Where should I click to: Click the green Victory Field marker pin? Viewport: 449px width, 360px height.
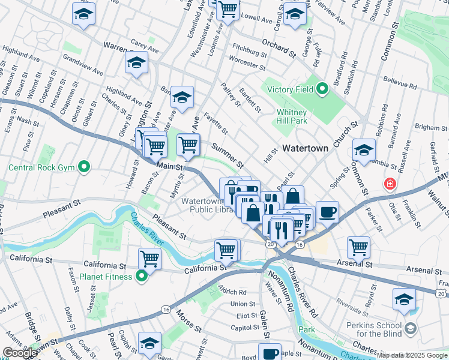pyautogui.click(x=322, y=90)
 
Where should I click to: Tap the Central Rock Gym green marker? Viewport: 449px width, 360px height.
pyautogui.click(x=84, y=166)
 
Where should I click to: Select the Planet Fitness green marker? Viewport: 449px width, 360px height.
pyautogui.click(x=141, y=276)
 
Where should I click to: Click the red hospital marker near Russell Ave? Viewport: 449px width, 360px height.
pyautogui.click(x=390, y=183)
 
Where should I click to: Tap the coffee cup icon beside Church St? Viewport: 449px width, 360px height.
pyautogui.click(x=327, y=212)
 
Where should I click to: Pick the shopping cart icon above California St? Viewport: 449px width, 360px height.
pyautogui.click(x=149, y=259)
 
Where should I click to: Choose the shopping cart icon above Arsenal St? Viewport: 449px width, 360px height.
pyautogui.click(x=358, y=247)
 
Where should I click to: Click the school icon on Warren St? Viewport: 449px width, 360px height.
pyautogui.click(x=137, y=62)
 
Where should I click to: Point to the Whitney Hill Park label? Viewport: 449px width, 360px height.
pyautogui.click(x=292, y=116)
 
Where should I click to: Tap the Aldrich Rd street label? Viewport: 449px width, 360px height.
pyautogui.click(x=233, y=292)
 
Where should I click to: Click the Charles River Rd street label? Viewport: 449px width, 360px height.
pyautogui.click(x=302, y=293)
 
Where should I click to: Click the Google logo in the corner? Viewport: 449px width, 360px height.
pyautogui.click(x=19, y=353)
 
